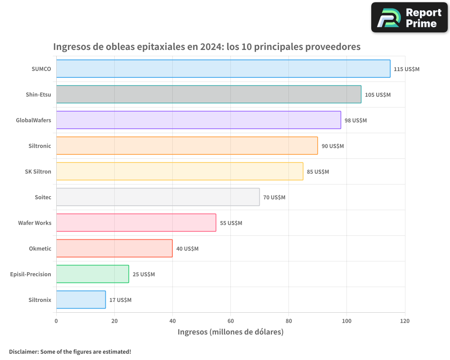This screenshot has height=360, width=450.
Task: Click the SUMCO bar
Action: click(223, 69)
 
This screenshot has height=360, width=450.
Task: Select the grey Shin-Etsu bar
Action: click(209, 94)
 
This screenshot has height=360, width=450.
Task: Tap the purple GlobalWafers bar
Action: click(198, 120)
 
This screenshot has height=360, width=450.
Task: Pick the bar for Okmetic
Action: click(114, 248)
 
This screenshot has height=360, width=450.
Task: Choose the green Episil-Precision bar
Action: click(93, 274)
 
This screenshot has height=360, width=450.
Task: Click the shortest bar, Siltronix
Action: click(81, 300)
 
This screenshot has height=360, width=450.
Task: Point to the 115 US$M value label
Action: click(406, 69)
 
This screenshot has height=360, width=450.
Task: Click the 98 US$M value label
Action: click(355, 121)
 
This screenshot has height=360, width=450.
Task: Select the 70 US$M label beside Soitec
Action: click(274, 198)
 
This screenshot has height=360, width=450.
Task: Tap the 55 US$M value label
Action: click(231, 223)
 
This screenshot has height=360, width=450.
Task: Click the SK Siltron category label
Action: click(38, 171)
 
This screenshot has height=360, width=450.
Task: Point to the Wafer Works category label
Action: click(35, 223)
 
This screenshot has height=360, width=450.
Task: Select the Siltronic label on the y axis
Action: click(40, 146)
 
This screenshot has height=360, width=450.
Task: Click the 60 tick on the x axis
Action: click(230, 321)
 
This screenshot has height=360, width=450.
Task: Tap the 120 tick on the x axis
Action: click(405, 321)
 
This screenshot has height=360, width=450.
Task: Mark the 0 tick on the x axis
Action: click(56, 321)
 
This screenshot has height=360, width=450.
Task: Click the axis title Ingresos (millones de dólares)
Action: click(230, 332)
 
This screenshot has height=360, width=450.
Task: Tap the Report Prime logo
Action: click(409, 18)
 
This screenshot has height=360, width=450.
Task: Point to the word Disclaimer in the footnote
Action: click(23, 351)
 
